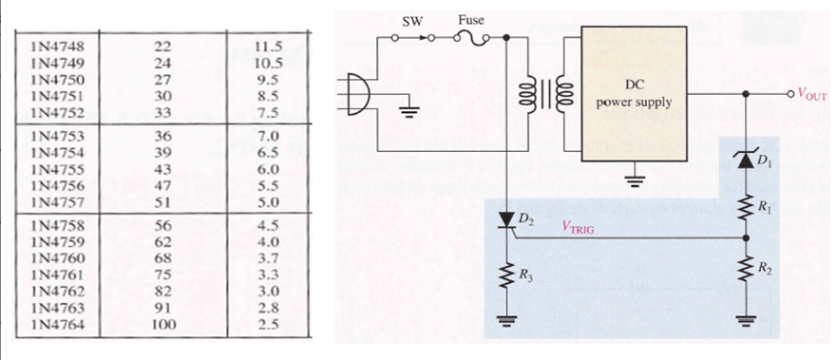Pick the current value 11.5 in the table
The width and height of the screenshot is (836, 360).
[x=268, y=45]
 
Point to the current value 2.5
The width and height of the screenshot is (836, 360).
[x=268, y=326]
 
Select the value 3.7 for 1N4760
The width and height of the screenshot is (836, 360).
[x=268, y=259]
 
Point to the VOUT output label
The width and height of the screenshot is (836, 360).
[x=814, y=95]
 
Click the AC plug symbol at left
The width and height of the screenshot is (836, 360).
[x=359, y=94]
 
